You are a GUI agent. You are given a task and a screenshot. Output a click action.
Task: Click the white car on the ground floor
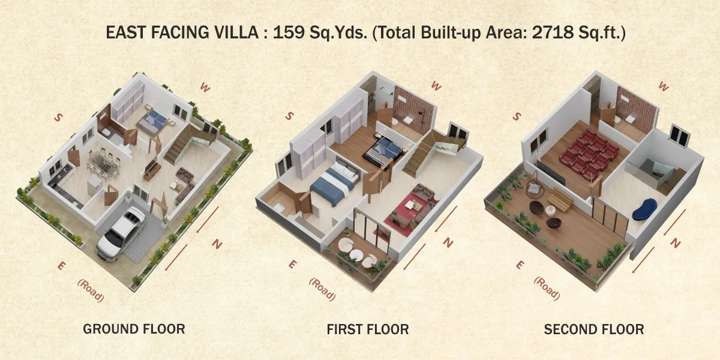coord(121,233)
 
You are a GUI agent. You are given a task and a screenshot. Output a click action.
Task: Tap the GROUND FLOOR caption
coord(134,329)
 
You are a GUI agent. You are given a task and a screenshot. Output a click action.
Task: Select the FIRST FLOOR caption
coord(368,329)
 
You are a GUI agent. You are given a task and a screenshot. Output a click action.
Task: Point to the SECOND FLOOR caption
coord(593,329)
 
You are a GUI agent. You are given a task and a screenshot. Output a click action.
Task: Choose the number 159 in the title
coord(289,32)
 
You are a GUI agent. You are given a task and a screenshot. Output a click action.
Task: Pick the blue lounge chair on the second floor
coord(644,209)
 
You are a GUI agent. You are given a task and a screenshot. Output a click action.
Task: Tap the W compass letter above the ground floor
coord(205,87)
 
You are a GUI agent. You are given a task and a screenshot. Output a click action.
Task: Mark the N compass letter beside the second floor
coord(675,244)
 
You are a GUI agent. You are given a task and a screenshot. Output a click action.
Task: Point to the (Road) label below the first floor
coord(322,289)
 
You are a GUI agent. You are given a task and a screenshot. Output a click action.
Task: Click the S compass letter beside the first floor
coord(289,116)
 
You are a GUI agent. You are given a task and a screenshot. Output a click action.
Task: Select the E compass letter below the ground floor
coord(61,266)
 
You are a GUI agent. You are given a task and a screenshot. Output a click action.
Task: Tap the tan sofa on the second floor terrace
coord(560,199)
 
